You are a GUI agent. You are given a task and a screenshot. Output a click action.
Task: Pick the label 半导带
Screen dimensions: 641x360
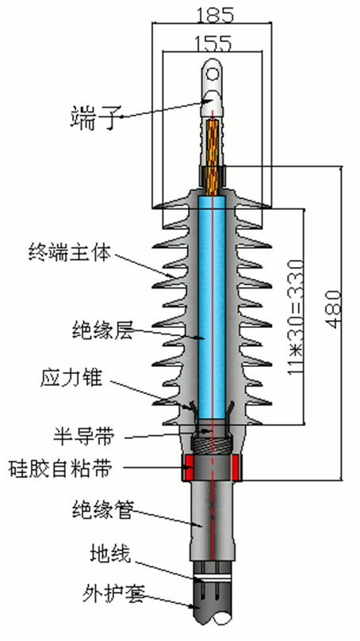[x=79, y=436]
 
